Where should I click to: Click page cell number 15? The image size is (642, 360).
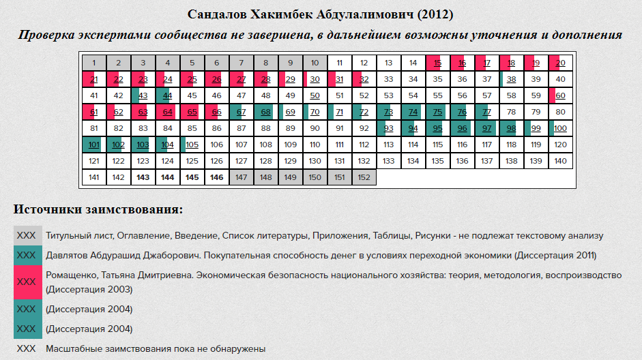(x=437, y=63)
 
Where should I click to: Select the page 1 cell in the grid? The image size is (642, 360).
(x=94, y=63)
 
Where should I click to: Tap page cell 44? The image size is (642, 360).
(x=167, y=95)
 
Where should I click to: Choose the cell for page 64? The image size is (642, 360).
(x=167, y=112)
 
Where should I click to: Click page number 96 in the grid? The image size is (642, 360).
(x=462, y=128)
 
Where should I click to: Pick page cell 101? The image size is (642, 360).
(x=94, y=145)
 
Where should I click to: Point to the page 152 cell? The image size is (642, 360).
(x=364, y=177)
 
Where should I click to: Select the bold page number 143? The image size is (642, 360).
(x=143, y=177)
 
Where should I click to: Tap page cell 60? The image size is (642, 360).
(x=560, y=95)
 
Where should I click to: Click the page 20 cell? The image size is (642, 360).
(x=560, y=63)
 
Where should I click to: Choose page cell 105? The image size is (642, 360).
(x=192, y=145)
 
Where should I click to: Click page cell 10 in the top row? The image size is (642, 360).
(x=315, y=63)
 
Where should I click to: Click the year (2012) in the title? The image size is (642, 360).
(x=434, y=14)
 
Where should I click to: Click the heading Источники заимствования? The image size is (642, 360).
(x=98, y=209)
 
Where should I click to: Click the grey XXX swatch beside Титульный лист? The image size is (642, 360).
(x=26, y=236)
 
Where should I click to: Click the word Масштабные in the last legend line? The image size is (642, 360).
(x=73, y=349)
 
